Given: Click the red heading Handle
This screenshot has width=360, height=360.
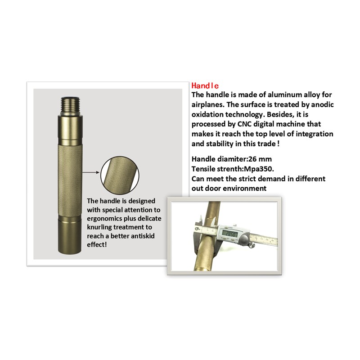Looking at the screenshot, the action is click(205, 85).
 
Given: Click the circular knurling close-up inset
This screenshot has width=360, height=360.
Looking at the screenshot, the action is click(120, 174).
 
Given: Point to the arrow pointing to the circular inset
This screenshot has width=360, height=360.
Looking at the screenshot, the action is click(91, 172).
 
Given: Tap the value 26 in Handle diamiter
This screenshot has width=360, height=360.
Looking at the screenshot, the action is click(253, 159).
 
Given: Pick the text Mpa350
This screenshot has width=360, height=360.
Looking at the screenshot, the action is click(259, 169).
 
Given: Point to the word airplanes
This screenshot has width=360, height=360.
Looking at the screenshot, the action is click(208, 105).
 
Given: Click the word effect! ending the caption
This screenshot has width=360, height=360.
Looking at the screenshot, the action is click(97, 245).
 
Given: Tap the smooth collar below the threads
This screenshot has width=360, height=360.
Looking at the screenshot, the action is click(70, 129).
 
